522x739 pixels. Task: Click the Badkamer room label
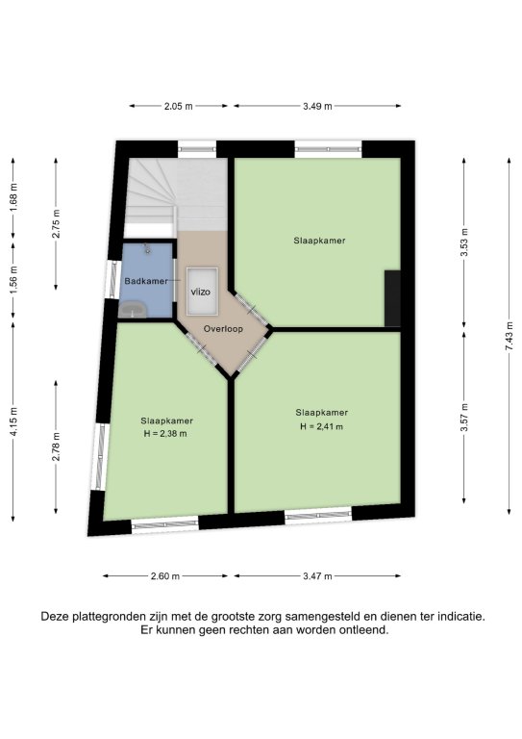pyautogui.click(x=146, y=281)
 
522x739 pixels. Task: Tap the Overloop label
pyautogui.click(x=223, y=328)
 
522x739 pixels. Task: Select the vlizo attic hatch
pyautogui.click(x=202, y=292)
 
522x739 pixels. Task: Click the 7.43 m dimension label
pyautogui.click(x=509, y=336)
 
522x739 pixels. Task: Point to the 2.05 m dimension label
pyautogui.click(x=179, y=106)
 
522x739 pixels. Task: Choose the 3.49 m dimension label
pyautogui.click(x=317, y=106)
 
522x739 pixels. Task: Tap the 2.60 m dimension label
pyautogui.click(x=165, y=576)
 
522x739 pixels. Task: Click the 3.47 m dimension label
pyautogui.click(x=317, y=576)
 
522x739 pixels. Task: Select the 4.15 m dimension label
pyautogui.click(x=13, y=421)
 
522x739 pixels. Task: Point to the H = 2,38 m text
pyautogui.click(x=165, y=434)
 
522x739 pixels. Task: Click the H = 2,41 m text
pyautogui.click(x=321, y=426)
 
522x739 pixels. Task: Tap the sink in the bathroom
pyautogui.click(x=133, y=310)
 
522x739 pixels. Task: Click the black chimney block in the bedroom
pyautogui.click(x=392, y=298)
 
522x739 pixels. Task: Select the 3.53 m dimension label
pyautogui.click(x=464, y=242)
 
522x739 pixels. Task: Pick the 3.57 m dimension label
pyautogui.click(x=464, y=417)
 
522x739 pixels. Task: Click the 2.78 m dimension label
pyautogui.click(x=56, y=446)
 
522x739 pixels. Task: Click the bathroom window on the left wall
pyautogui.click(x=112, y=279)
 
